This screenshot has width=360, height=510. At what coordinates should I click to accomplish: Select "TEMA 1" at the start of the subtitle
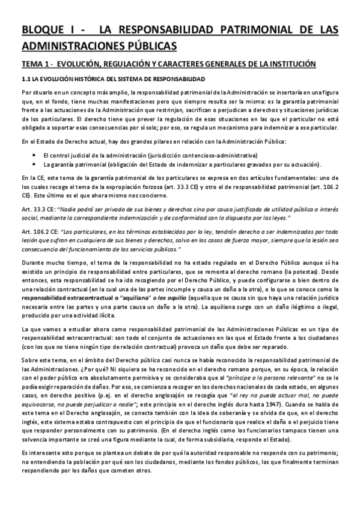37,64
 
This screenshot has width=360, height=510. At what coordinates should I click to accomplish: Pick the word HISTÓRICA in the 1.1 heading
85,79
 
